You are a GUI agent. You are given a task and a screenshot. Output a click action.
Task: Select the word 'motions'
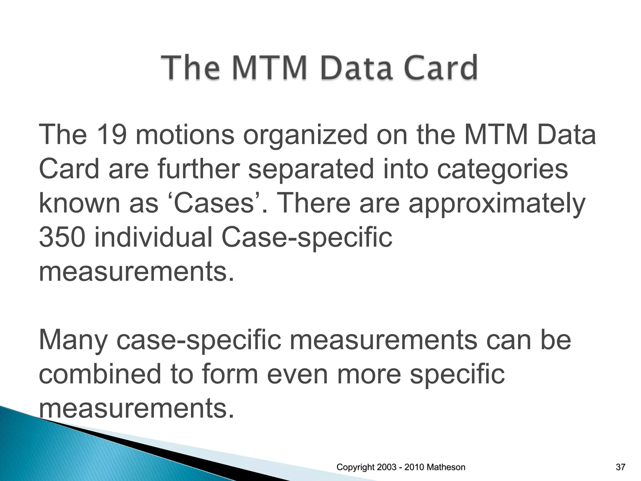tap(185, 135)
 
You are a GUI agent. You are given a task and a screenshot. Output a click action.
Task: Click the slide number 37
tap(620, 468)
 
